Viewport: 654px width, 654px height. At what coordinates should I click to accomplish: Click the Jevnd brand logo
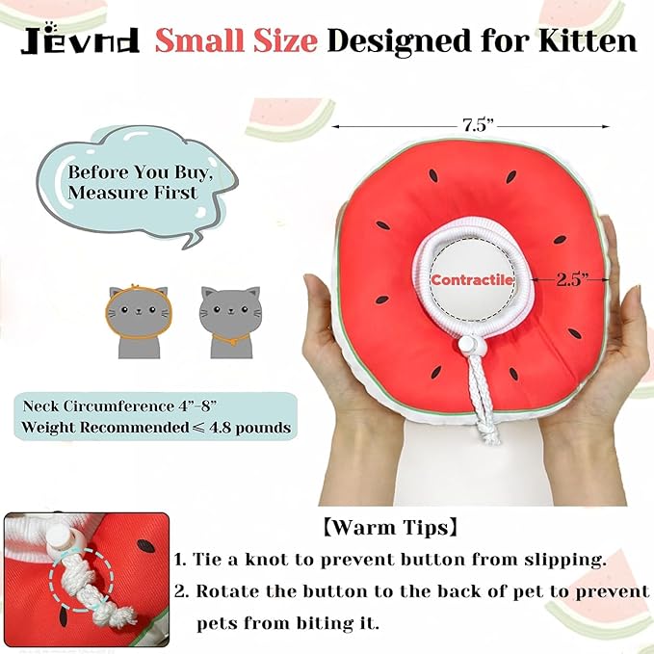(78, 40)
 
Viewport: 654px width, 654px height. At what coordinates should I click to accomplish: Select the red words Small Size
(236, 40)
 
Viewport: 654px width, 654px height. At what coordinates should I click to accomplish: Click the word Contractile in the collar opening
(473, 280)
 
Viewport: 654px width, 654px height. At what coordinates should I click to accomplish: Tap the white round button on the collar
(470, 345)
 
